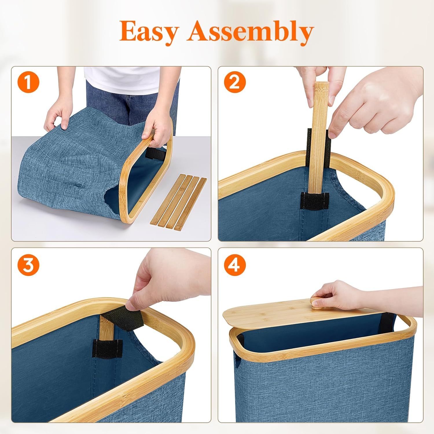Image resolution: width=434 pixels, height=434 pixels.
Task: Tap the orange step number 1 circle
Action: point(28,83)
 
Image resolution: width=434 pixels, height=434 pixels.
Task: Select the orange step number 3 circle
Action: point(28,265)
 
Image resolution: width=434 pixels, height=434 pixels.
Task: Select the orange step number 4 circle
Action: point(235,265)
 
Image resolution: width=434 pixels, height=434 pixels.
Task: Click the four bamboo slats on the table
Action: point(179,200)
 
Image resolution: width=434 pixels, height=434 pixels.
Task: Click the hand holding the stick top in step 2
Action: point(314,74)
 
